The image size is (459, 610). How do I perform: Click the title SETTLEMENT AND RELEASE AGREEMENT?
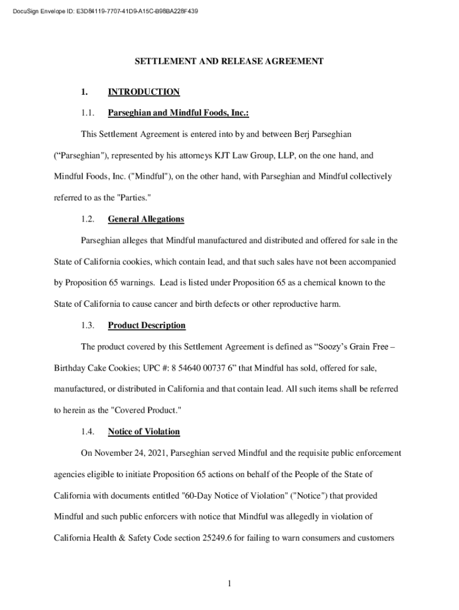(229, 61)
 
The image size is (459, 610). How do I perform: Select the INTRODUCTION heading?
(144, 92)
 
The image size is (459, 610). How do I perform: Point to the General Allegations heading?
(146, 219)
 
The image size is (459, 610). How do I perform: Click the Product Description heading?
(147, 325)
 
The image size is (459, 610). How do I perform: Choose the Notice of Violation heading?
(144, 431)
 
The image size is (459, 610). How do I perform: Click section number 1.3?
(88, 325)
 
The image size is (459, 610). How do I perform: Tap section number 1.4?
(88, 431)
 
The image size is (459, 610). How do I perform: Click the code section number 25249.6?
(234, 538)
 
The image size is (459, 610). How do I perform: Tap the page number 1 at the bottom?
(229, 583)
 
